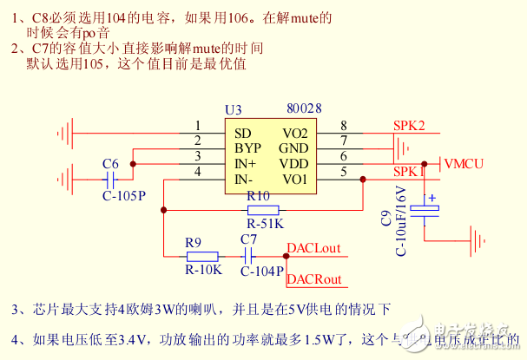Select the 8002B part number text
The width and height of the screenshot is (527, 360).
point(304,108)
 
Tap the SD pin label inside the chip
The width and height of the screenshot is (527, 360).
point(242,133)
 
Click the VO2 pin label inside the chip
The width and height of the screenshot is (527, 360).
point(295,133)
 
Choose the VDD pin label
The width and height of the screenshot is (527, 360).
point(294,163)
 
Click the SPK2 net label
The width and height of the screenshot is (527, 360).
point(409,126)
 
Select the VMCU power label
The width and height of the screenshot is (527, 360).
point(464,163)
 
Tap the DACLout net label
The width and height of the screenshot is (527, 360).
point(313,248)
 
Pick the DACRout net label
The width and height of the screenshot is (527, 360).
point(313,278)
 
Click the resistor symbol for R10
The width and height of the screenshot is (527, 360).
point(263,209)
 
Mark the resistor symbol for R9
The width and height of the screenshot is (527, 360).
point(202,256)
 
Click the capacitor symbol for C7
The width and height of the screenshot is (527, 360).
point(248,256)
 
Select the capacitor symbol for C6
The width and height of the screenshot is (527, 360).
point(110,179)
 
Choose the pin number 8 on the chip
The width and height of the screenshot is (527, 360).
point(344,127)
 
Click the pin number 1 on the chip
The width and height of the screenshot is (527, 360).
point(198,127)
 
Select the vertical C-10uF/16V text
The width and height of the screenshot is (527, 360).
point(401,220)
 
